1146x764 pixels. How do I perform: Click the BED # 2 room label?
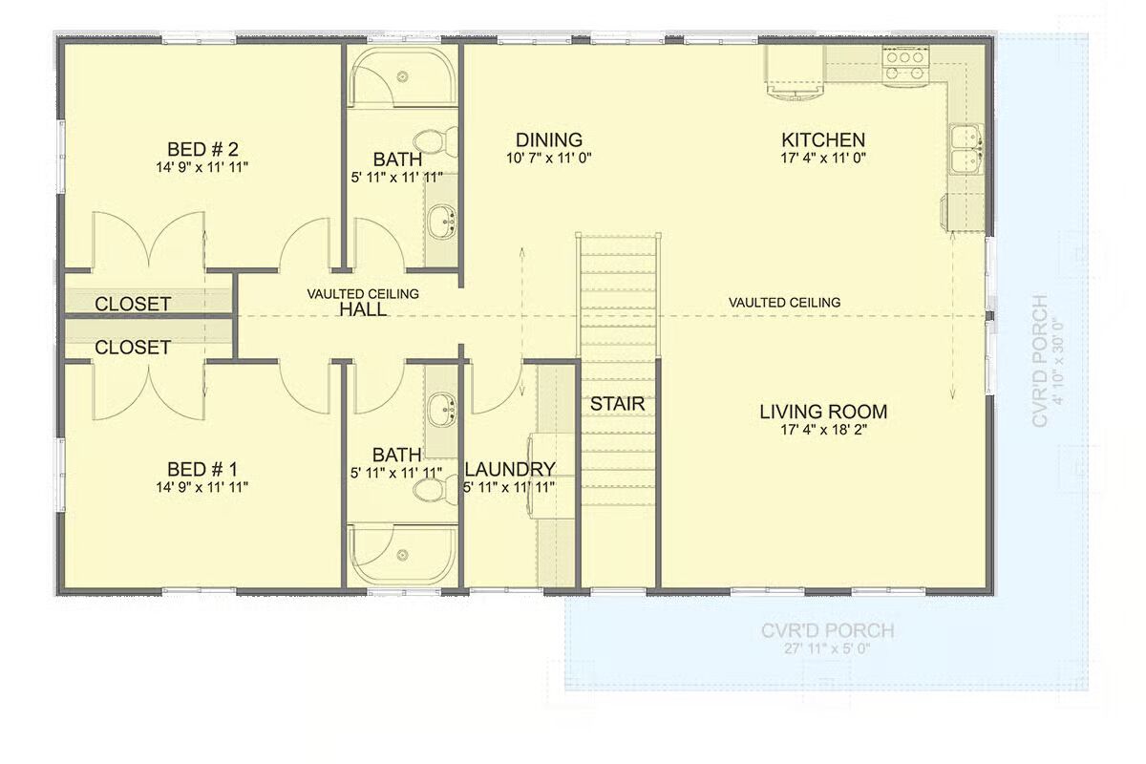click(x=202, y=149)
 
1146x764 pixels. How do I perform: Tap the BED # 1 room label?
click(x=202, y=469)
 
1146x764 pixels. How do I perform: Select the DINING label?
click(x=549, y=139)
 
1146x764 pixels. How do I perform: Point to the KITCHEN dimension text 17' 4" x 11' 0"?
click(x=823, y=159)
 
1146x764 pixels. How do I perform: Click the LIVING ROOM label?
click(x=823, y=412)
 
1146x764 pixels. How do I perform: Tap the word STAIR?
click(x=618, y=404)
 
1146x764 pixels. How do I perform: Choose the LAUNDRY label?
click(x=510, y=469)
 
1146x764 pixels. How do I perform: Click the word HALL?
click(x=363, y=309)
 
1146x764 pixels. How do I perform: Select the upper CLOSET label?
click(x=133, y=304)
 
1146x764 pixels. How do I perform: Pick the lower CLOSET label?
click(x=133, y=348)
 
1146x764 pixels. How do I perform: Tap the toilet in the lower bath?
click(x=435, y=490)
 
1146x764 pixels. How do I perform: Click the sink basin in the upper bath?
click(x=442, y=221)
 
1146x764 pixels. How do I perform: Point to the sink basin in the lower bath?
click(x=442, y=410)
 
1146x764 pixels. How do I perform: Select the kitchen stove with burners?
click(x=905, y=66)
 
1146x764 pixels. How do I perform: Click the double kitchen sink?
click(x=966, y=149)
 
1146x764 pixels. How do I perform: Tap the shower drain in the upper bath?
click(x=403, y=76)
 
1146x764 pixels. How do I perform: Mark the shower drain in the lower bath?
click(x=403, y=555)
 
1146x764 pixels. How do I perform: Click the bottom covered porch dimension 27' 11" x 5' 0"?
click(x=827, y=649)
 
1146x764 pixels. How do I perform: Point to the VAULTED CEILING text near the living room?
click(x=784, y=303)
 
